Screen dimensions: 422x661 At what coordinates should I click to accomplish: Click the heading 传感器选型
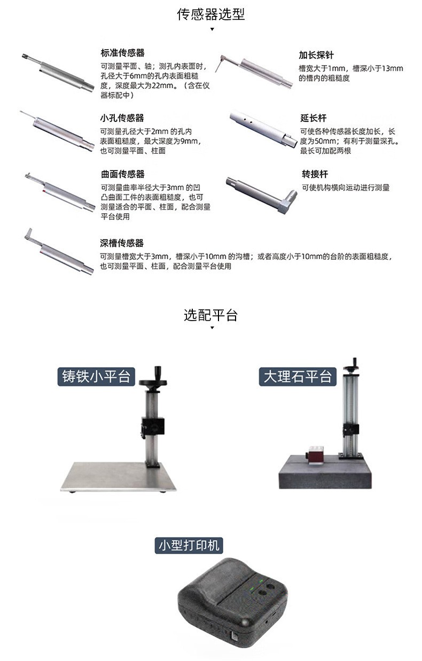tap(210, 14)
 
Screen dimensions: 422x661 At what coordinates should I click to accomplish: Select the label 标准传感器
tap(123, 53)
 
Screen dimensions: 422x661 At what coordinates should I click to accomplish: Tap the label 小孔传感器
tap(122, 118)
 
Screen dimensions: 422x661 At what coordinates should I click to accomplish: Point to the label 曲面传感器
tap(123, 174)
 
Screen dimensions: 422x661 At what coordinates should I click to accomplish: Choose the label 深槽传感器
tap(122, 243)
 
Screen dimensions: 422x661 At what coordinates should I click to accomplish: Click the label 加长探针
tap(316, 55)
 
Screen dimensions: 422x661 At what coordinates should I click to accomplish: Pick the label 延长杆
tap(314, 118)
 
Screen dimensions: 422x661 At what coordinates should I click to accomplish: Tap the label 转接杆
tap(315, 174)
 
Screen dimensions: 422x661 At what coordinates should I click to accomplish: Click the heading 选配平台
tap(210, 315)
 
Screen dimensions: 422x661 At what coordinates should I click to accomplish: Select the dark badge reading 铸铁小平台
tap(96, 377)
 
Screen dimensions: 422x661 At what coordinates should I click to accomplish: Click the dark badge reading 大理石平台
tap(298, 377)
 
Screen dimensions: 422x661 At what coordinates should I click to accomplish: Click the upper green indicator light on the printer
tap(261, 581)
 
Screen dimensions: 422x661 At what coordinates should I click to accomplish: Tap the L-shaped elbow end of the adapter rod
tap(287, 201)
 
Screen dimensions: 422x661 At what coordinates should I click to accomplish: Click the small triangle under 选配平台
tap(212, 328)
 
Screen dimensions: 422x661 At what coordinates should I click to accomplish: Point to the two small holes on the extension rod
tap(248, 120)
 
